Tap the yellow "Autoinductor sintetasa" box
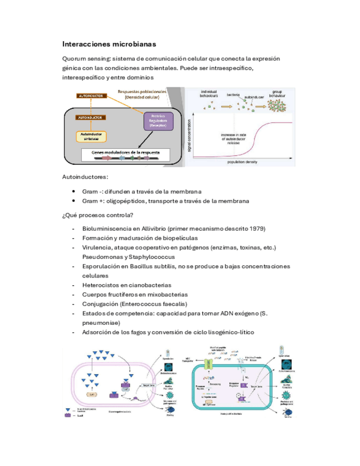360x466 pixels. point(92,135)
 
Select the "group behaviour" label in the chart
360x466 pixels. point(281,93)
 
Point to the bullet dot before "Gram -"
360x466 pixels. point(74,191)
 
